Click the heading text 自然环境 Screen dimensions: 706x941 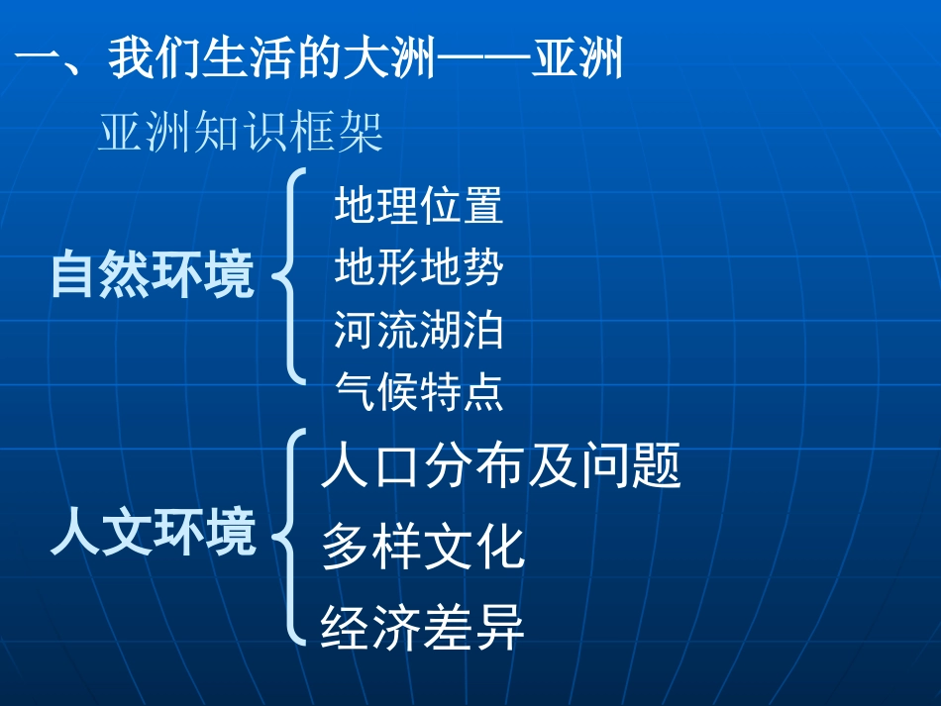153,275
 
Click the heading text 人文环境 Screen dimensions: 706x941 153,534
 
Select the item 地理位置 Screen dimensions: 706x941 419,207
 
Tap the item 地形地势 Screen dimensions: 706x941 419,269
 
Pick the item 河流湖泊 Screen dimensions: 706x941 419,331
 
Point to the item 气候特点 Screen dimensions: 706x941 419,392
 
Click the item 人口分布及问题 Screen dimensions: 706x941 501,467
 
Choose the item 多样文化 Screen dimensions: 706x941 423,548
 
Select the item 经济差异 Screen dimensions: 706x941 423,628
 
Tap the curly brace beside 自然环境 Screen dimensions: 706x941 289,274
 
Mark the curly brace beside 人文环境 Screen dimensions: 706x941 287,536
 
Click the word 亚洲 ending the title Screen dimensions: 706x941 577,59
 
